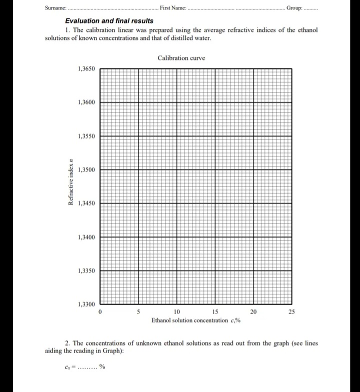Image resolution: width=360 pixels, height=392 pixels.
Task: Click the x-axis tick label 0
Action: [100, 312]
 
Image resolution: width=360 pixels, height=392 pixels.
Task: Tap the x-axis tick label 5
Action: [138, 312]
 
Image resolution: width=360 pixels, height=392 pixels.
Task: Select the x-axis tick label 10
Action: [177, 312]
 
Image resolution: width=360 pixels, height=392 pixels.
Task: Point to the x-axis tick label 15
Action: [215, 312]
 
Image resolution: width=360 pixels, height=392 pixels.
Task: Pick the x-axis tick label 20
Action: [253, 312]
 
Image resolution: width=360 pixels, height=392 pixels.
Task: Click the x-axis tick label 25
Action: [292, 312]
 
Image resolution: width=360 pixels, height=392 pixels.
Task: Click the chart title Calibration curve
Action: [181, 58]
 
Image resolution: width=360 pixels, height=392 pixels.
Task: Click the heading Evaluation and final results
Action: [109, 21]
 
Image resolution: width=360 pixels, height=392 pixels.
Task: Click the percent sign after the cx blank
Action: [102, 367]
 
